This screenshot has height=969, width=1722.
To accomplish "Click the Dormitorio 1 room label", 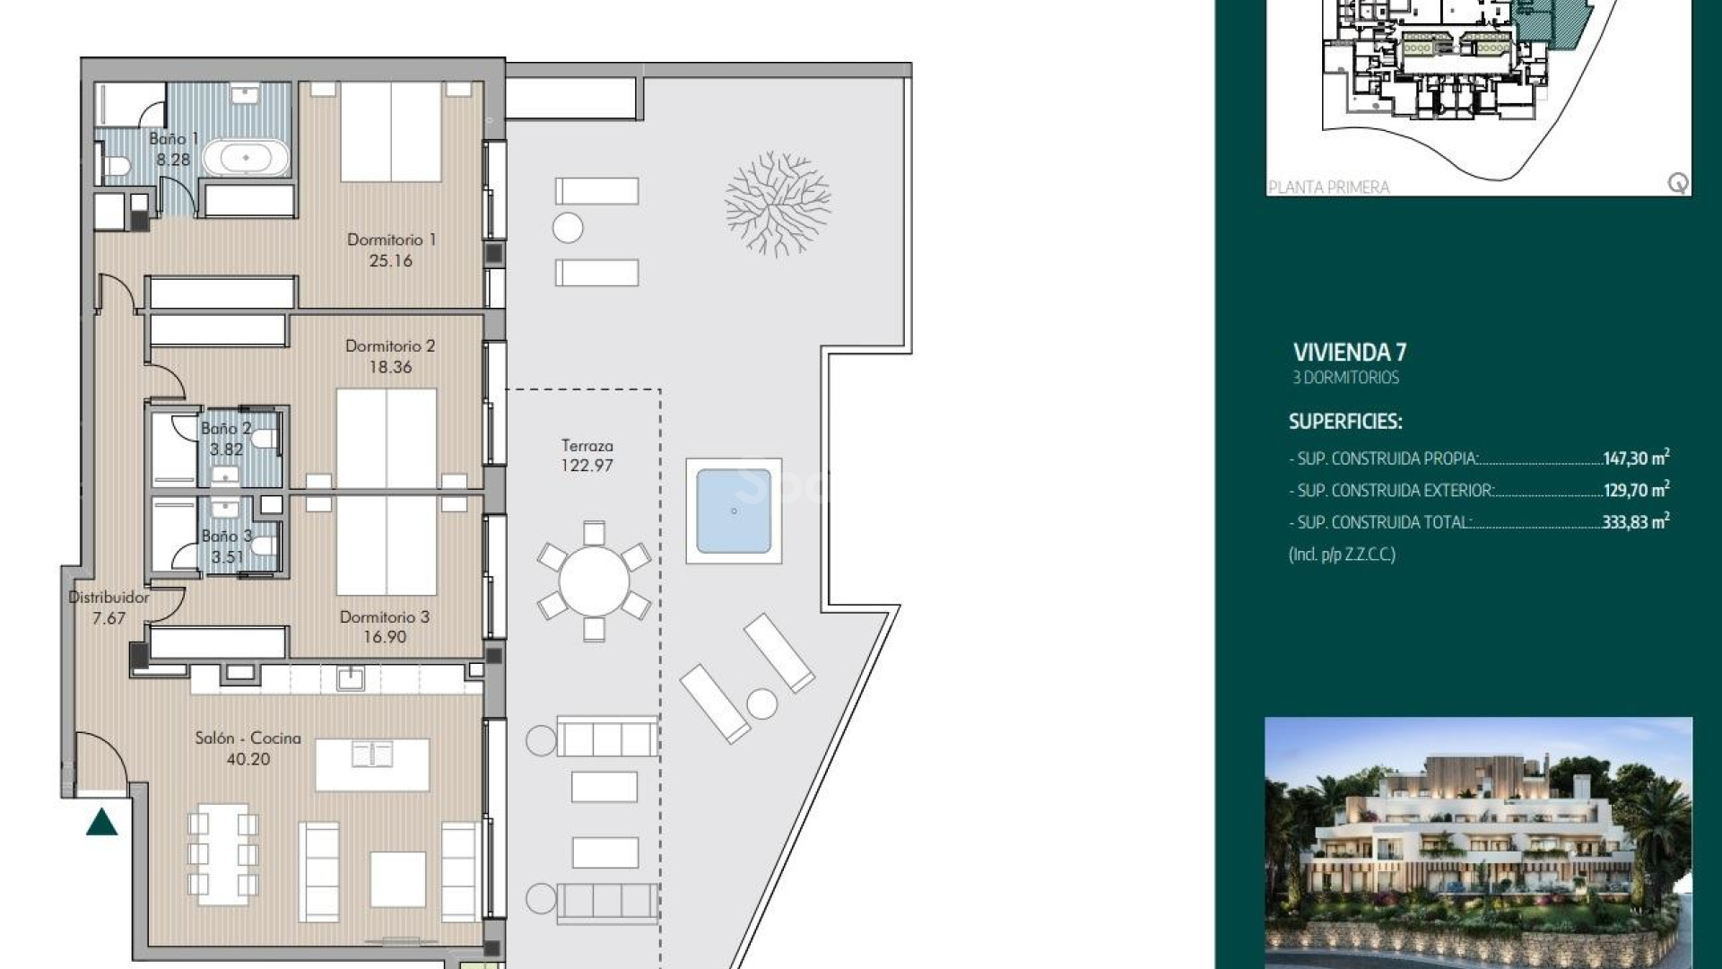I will point(391,240).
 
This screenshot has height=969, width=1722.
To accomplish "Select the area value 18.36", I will point(390,367).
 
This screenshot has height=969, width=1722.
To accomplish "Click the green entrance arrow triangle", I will point(102,822).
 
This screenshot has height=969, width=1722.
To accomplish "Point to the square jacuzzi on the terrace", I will point(733,511).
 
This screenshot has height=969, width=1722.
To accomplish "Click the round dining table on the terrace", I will point(593,581).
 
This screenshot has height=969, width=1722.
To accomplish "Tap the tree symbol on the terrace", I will point(777,205).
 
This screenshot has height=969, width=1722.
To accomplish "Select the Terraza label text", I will point(587,445).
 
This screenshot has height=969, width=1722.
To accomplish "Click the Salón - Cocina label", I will point(248,738).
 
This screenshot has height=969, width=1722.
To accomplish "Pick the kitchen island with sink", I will point(372,764).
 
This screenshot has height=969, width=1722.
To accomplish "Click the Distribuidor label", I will point(109,597).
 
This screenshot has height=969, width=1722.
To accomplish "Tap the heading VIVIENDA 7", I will point(1349,353).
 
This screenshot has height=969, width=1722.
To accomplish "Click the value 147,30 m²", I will point(1635,458).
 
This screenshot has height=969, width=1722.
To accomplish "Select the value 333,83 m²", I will point(1634,521).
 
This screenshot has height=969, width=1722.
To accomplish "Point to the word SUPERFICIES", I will point(1344,421).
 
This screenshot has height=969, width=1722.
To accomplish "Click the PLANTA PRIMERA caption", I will point(1328,187).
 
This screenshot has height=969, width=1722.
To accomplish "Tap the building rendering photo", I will point(1477,841).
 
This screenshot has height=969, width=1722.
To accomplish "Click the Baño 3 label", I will point(226,536).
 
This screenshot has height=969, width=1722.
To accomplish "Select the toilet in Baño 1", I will point(117,166).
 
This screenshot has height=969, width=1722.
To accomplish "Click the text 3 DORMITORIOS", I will point(1345,378).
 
